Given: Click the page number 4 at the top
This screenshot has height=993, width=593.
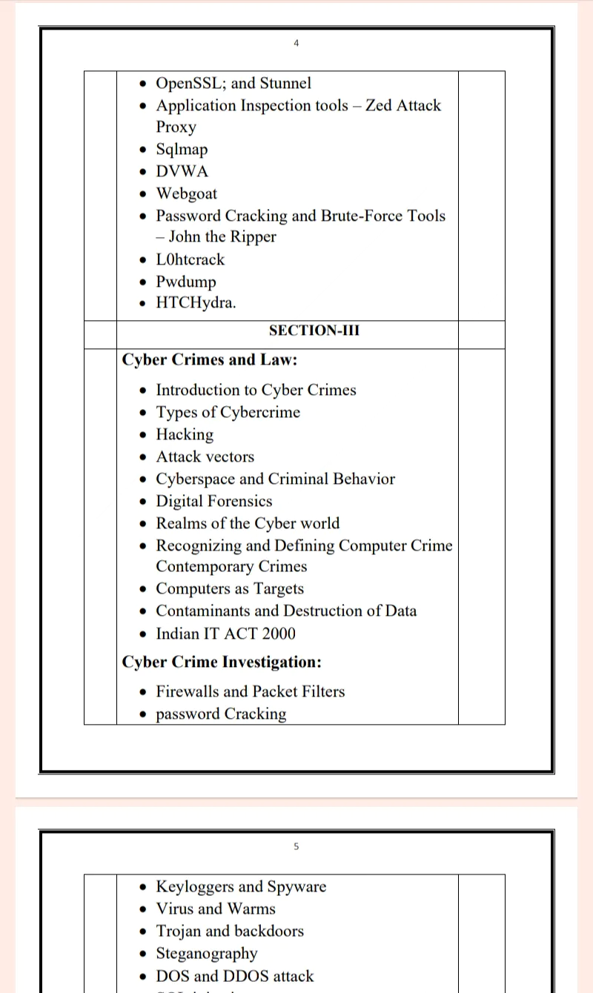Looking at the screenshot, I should (x=296, y=43).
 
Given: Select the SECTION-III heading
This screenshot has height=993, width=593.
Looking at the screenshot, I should (x=314, y=331).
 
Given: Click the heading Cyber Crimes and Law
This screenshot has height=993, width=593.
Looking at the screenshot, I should (x=210, y=360).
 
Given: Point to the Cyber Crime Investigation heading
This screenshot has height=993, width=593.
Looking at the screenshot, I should (x=221, y=662).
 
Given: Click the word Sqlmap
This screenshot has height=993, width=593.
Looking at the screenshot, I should (x=182, y=149).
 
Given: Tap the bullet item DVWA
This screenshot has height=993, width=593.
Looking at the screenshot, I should (x=182, y=171).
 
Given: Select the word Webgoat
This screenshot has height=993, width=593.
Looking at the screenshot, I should (x=186, y=193).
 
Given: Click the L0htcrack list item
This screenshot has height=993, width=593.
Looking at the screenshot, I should (x=190, y=259).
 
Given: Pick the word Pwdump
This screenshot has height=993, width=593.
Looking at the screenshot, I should (x=186, y=282).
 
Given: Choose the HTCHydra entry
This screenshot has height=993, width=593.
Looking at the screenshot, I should (x=196, y=303).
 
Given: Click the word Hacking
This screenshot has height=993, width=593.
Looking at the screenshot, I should (x=185, y=434).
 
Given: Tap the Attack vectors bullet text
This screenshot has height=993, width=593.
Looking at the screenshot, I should (x=205, y=456).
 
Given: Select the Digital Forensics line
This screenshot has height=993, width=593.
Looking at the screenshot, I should (x=213, y=501).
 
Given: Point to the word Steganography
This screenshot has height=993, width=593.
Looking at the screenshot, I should (x=207, y=954).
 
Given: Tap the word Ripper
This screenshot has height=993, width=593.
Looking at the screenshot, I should (x=254, y=237).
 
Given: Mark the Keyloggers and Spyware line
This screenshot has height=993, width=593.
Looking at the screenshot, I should (x=241, y=887).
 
